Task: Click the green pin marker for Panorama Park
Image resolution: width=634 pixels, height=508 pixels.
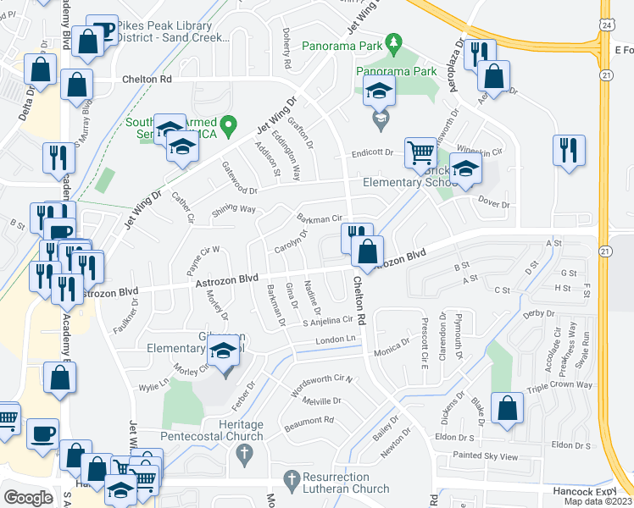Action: pyautogui.click(x=392, y=41)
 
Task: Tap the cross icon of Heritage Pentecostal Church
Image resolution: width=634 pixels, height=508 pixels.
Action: pyautogui.click(x=243, y=456)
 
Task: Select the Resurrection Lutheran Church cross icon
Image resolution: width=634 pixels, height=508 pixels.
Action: pyautogui.click(x=292, y=482)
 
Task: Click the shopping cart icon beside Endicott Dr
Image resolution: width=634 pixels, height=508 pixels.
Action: pyautogui.click(x=420, y=152)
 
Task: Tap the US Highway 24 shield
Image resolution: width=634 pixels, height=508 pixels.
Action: pyautogui.click(x=605, y=25)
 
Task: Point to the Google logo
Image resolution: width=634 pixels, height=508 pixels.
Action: pyautogui.click(x=28, y=498)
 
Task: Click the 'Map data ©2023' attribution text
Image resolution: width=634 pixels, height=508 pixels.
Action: pyautogui.click(x=597, y=501)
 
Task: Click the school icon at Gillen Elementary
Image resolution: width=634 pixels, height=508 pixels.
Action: pyautogui.click(x=224, y=350)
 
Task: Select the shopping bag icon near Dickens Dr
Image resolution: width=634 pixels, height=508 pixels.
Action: pyautogui.click(x=506, y=408)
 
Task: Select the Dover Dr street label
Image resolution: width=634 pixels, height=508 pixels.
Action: pyautogui.click(x=493, y=204)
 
